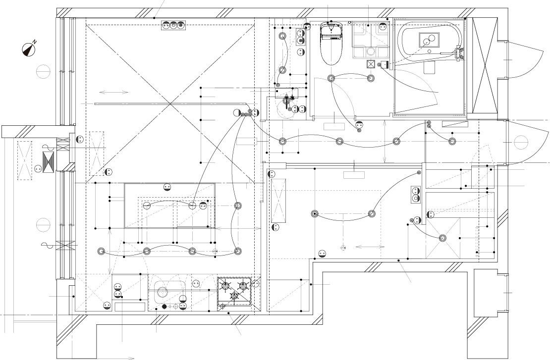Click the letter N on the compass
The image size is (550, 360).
pyautogui.click(x=35, y=42)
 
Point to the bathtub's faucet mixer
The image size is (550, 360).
pyautogui.click(x=458, y=53)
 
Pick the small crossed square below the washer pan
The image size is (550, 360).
pyautogui.click(x=371, y=64)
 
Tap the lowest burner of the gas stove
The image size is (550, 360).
pyautogui.click(x=234, y=296)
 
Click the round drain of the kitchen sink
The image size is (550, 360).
pyautogui.click(x=162, y=291)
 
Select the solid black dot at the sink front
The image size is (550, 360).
pyautogui.click(x=164, y=307)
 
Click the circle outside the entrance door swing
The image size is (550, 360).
pyautogui.click(x=521, y=142)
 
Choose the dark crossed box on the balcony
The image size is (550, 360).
pyautogui.click(x=48, y=162)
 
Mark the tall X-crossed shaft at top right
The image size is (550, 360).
pyautogui.click(x=485, y=65)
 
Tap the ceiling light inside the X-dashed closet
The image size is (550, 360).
pyautogui.click(x=443, y=238)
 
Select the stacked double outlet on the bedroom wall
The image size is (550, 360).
pyautogui.click(x=416, y=195)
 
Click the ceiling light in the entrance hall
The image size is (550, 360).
pyautogui.click(x=453, y=141)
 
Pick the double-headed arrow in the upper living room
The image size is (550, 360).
pyautogui.click(x=114, y=93)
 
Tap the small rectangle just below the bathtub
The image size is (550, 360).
pyautogui.click(x=429, y=68)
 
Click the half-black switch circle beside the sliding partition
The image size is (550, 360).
pyautogui.click(x=237, y=112)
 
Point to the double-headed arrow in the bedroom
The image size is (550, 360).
pyautogui.click(x=370, y=247)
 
